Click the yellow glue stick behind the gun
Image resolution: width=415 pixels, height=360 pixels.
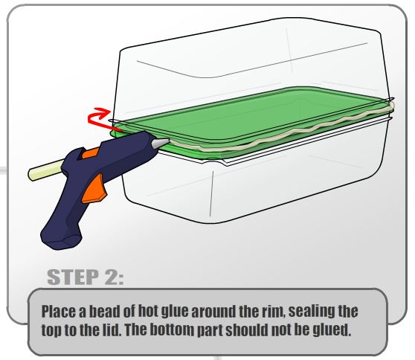(x=45, y=170)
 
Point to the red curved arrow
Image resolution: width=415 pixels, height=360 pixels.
(x=98, y=118)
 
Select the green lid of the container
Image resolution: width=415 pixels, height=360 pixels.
(x=251, y=119)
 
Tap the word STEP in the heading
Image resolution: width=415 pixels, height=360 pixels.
(x=73, y=277)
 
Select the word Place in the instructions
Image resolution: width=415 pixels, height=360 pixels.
(x=58, y=312)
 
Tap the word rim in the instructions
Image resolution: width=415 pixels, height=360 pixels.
(x=273, y=312)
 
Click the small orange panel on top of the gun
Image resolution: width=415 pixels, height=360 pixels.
(x=90, y=153)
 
